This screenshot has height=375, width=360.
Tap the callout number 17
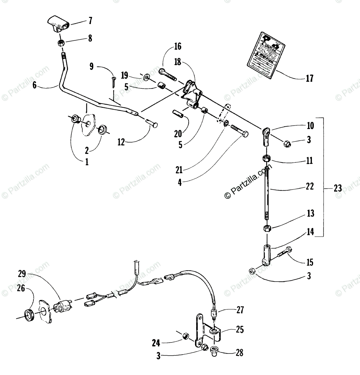pyautogui.click(x=309, y=78)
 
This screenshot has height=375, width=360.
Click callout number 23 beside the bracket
pyautogui.click(x=338, y=188)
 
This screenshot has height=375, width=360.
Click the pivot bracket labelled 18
pyautogui.click(x=192, y=94)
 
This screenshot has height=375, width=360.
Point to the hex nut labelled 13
pyautogui.click(x=267, y=228)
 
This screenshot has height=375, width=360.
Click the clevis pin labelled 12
pyautogui.click(x=152, y=123)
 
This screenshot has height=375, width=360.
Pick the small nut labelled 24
pyautogui.click(x=185, y=337)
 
